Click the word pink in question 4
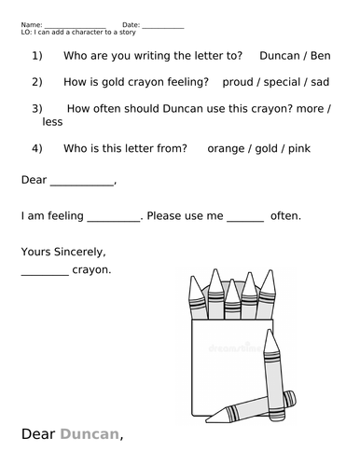(299, 148)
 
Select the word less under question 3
(52, 122)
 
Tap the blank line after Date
(163, 25)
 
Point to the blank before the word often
(245, 218)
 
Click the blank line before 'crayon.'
(44, 272)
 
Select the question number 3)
(37, 108)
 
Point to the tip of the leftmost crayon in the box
(196, 281)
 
